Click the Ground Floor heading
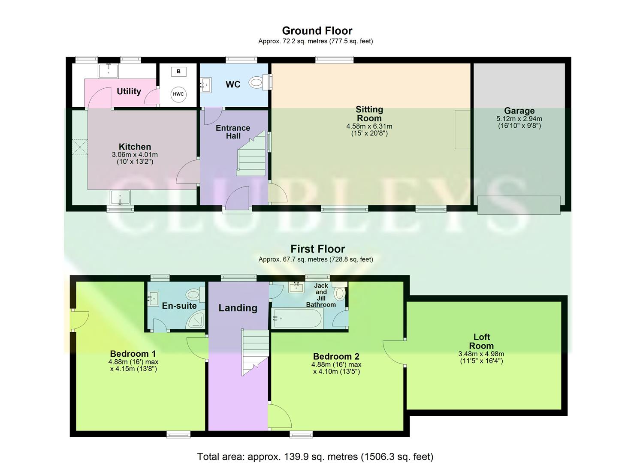pos(317,31)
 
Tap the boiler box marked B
pos(178,72)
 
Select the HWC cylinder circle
pos(178,94)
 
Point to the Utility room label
pos(129,91)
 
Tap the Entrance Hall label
pos(233,132)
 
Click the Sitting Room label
pos(369,114)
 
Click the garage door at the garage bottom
pos(519,205)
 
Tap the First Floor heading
pos(317,249)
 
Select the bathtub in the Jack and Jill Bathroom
pos(297,319)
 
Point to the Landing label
pos(238,308)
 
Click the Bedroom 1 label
pos(133,354)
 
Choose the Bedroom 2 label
pos(336,356)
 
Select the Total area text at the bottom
pos(315,457)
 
